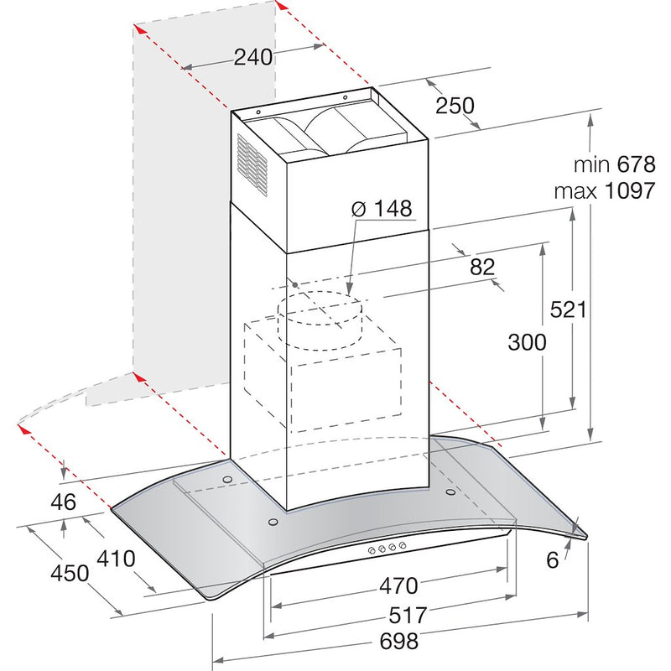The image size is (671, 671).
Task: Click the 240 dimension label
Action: [x=253, y=57]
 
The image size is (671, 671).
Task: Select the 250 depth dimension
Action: [x=455, y=106]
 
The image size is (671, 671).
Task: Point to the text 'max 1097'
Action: [x=603, y=190]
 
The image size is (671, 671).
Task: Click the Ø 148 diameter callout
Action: [x=382, y=208]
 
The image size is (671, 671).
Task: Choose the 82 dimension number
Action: [x=482, y=267]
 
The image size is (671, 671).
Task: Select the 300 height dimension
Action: [x=527, y=341]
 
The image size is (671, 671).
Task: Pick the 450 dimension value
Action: [x=69, y=574]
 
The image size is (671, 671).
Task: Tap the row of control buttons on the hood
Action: [x=385, y=549]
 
